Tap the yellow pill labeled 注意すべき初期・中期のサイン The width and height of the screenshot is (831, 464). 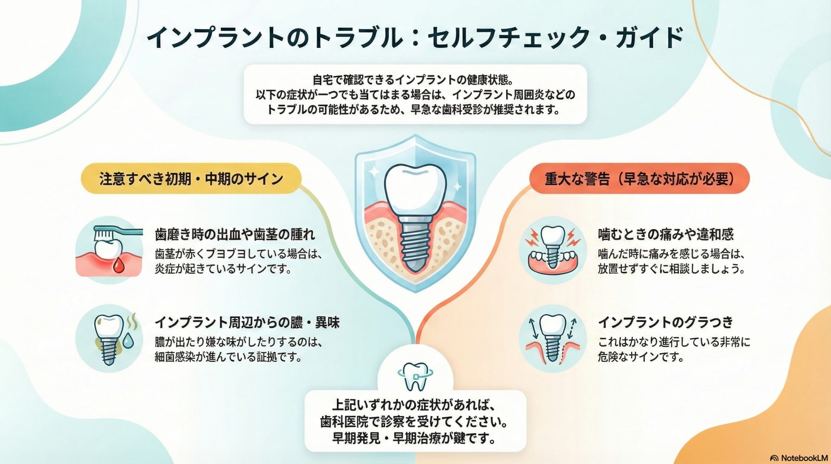191,179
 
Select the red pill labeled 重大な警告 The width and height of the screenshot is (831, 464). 639,179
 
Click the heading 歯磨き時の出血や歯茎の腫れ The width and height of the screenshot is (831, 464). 235,234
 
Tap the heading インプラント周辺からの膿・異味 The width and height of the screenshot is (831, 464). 247,323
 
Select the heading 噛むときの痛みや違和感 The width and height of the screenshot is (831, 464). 666,234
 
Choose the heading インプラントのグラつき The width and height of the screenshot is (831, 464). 666,322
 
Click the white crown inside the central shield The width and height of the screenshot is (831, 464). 415,192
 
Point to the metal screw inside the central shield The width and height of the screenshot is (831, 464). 415,247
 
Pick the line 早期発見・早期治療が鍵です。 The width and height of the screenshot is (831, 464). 415,438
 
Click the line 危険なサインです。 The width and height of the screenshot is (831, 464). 641,357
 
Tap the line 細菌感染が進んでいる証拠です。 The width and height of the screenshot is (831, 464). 228,357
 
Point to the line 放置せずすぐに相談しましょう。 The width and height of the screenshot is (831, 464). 671,269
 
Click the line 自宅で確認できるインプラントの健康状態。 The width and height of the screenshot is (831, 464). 415,80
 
